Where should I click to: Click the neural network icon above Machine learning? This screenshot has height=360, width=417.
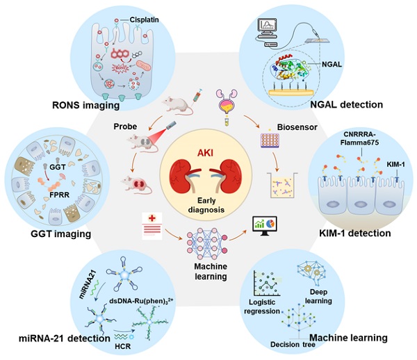tap(207, 234)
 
